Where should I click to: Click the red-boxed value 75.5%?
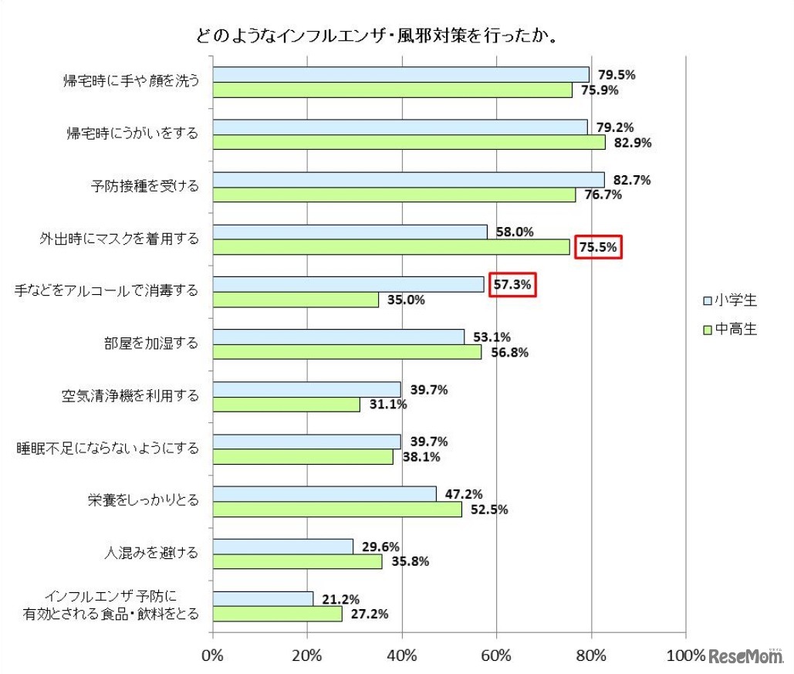pos(598,247)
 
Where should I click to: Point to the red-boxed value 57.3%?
pos(512,284)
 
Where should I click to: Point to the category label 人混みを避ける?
pos(151,553)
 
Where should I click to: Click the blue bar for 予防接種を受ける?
pos(408,180)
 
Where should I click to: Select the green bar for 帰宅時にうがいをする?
pos(409,143)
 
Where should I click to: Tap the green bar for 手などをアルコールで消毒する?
pos(296,300)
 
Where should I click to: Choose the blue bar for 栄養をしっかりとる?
pos(324,493)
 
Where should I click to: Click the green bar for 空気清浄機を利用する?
pos(286,405)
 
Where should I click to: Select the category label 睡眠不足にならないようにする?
pos(108,448)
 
